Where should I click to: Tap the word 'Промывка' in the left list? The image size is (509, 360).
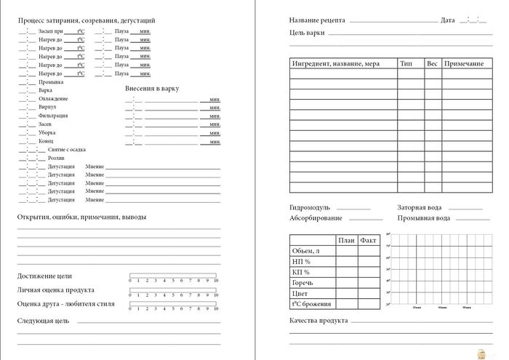coord(50,82)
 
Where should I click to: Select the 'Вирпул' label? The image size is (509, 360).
coord(48,107)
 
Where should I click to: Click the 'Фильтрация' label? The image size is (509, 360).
coord(53,116)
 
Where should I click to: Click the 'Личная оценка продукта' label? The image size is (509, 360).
coord(55,289)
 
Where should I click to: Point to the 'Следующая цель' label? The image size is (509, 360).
coord(43,321)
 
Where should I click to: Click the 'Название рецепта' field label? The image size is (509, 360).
coord(316,20)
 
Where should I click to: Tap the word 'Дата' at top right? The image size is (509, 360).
coord(448,20)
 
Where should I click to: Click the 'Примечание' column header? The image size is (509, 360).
coord(463,64)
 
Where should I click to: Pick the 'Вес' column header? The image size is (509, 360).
coord(432,64)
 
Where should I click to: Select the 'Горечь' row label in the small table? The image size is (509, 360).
coord(303,282)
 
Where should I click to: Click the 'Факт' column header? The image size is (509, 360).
coord(369,240)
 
